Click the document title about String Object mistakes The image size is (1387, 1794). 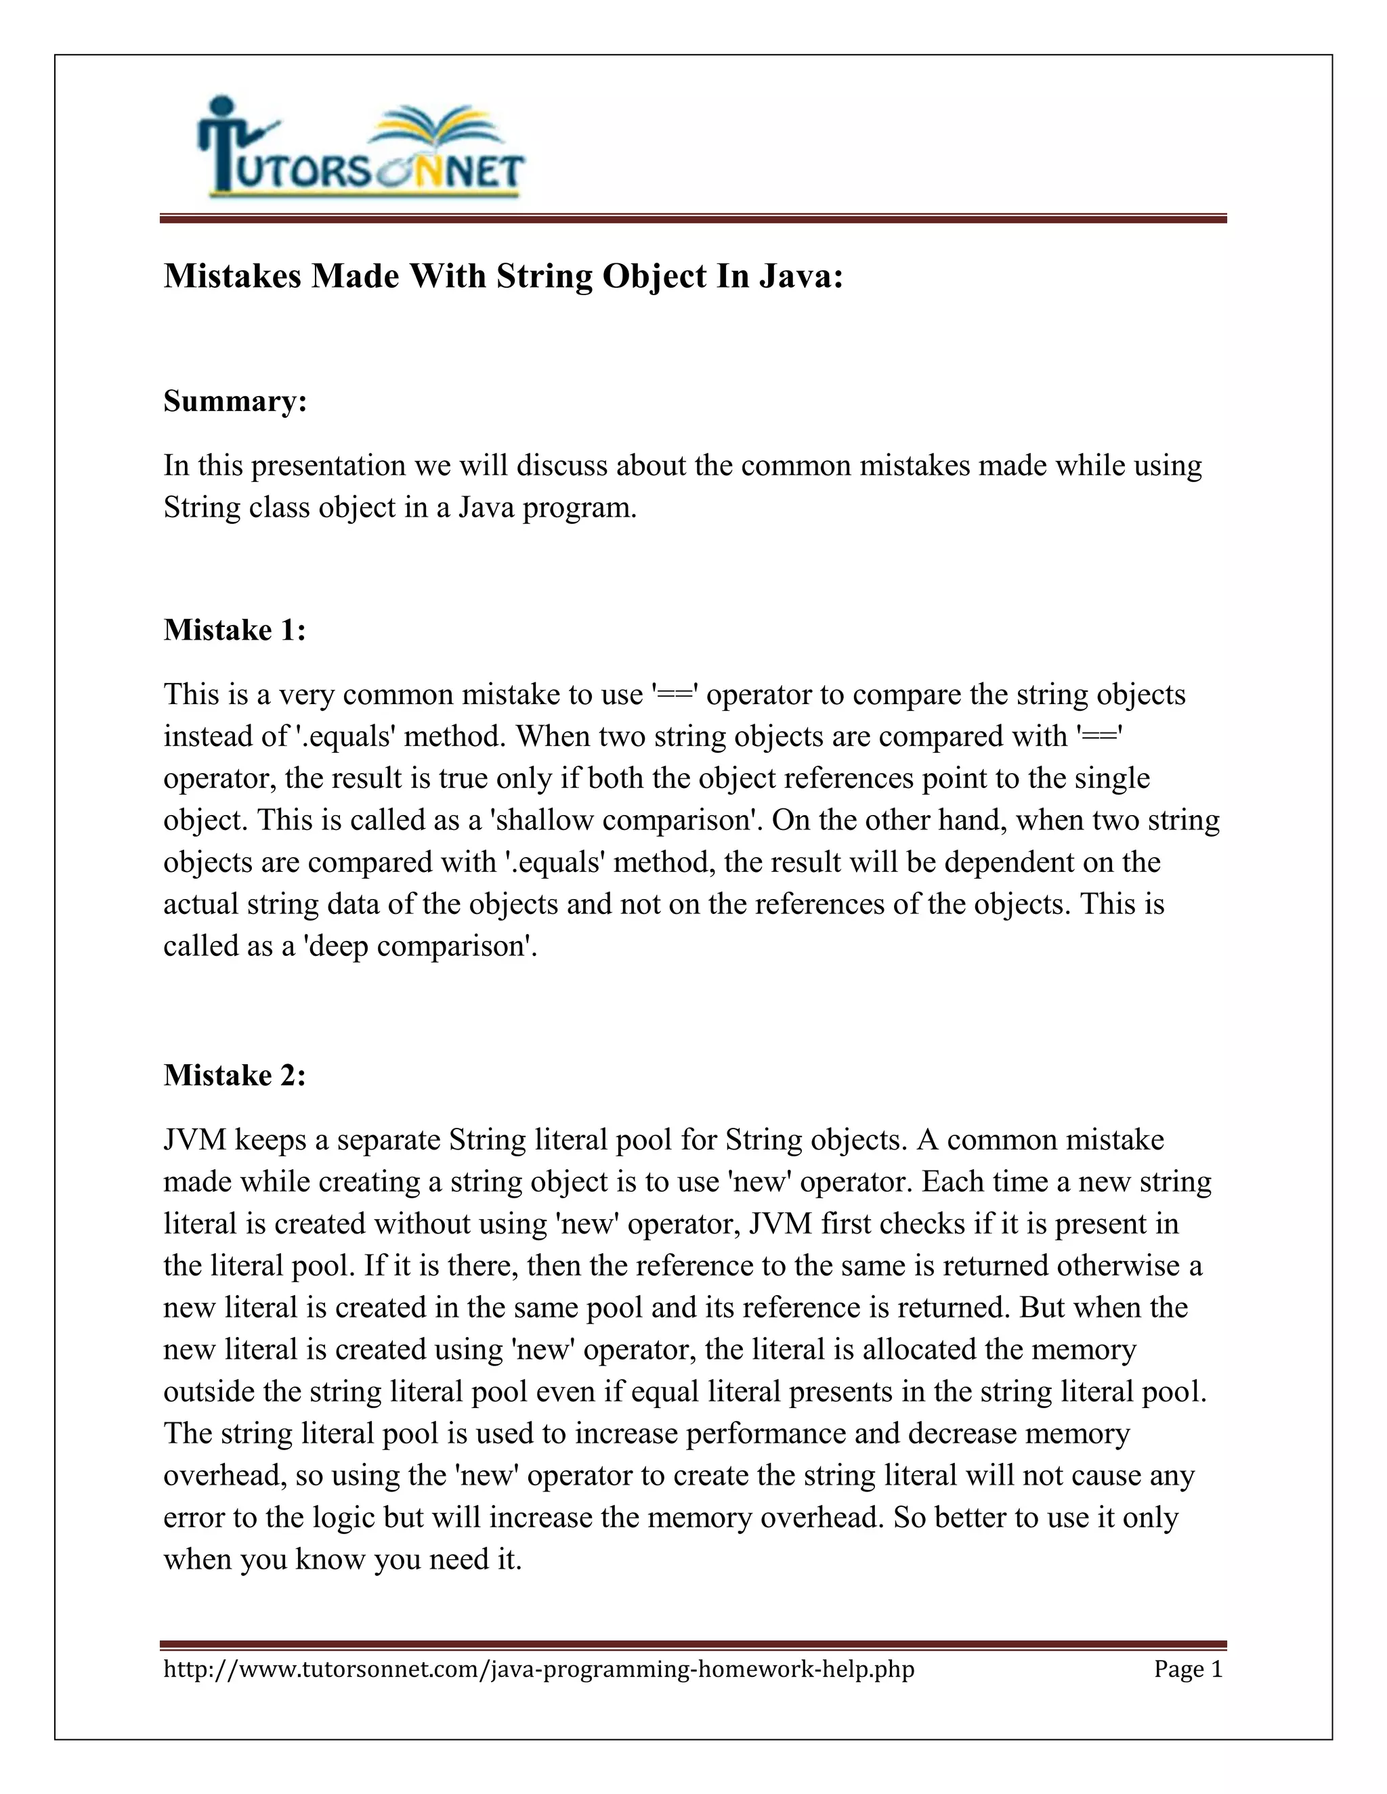(x=503, y=276)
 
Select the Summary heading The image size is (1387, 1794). (x=235, y=401)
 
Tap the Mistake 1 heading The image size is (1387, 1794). (x=234, y=630)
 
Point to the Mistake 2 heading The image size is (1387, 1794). (x=234, y=1075)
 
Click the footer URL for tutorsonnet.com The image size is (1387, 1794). (x=538, y=1669)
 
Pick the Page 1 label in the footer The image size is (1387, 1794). (x=1188, y=1669)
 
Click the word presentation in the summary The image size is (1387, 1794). (x=328, y=466)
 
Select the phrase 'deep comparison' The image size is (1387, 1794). (x=419, y=946)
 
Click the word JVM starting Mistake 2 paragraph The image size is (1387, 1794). (x=195, y=1140)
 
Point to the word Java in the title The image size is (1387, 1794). (x=801, y=276)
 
